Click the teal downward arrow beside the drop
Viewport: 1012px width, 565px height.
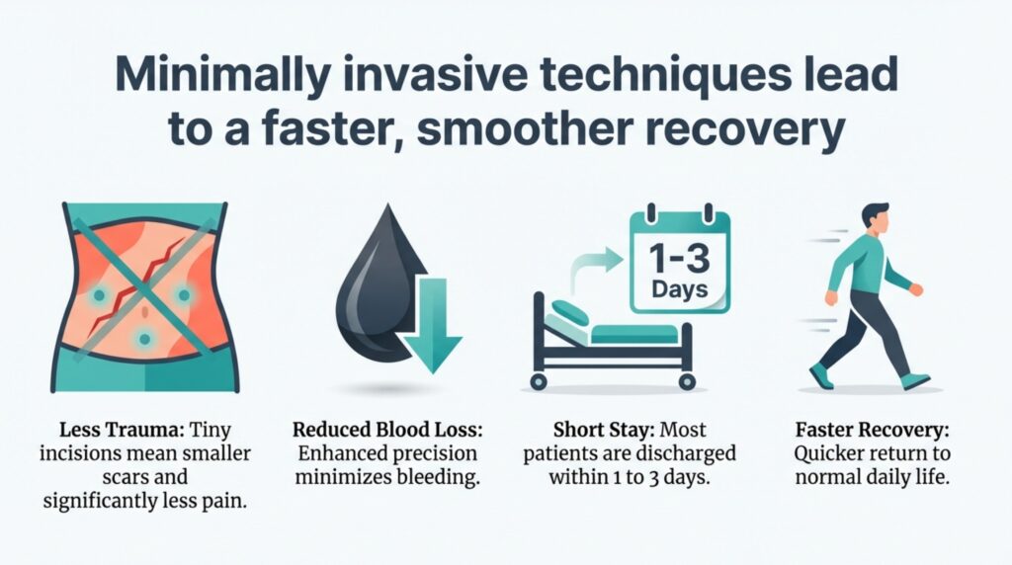click(x=431, y=326)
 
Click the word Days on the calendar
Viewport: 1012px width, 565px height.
click(x=680, y=290)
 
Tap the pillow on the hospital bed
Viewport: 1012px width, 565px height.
click(x=569, y=314)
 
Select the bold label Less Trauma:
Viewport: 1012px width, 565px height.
click(x=98, y=431)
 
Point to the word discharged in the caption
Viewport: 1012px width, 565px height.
click(x=690, y=454)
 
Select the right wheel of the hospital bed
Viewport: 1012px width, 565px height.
click(x=683, y=380)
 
